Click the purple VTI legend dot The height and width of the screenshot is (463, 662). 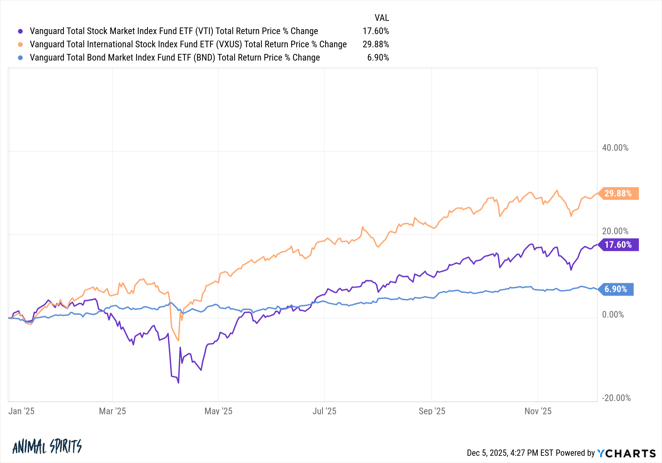pos(21,31)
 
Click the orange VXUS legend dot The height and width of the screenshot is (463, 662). pos(21,44)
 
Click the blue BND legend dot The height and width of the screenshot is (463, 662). pos(21,58)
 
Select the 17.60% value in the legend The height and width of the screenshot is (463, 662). pos(376,31)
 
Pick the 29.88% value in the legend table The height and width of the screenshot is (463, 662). pos(376,44)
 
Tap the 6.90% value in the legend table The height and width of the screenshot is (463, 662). pos(378,58)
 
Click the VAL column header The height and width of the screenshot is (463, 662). pos(382,18)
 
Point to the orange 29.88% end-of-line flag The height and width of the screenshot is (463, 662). pos(618,193)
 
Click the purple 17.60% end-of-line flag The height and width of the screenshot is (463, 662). pos(618,245)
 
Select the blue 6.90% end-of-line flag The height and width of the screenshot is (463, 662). pos(616,289)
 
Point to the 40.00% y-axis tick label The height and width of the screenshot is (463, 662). pos(615,148)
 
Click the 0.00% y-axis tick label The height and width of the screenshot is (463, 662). pos(613,315)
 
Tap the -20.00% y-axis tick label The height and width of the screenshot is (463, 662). pos(616,398)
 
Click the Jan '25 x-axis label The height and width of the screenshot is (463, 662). pos(21,411)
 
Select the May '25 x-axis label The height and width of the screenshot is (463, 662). pos(218,411)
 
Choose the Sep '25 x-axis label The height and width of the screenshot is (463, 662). pos(432,411)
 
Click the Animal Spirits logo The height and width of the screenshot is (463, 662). pos(47,447)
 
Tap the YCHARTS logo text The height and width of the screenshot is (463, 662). pos(627,453)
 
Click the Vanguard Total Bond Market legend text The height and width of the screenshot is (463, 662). pos(175,58)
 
